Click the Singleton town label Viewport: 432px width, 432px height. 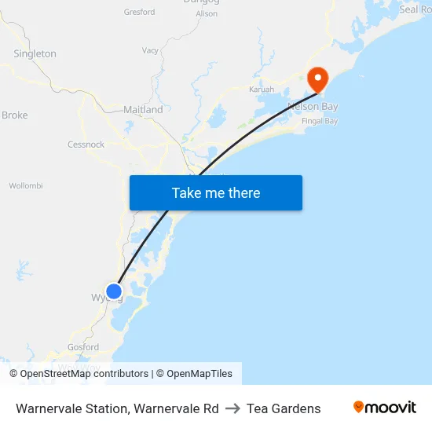tap(35, 53)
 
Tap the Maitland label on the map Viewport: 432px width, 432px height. tap(143, 110)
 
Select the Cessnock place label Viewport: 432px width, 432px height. tap(86, 145)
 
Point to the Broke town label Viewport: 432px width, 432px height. tap(15, 115)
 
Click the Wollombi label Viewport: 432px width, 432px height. tap(26, 186)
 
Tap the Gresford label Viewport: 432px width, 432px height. tap(139, 13)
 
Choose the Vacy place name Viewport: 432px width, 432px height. tap(150, 51)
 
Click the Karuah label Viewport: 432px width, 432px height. tap(262, 90)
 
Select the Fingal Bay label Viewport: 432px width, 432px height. tap(320, 121)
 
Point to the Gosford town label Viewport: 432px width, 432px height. tap(83, 347)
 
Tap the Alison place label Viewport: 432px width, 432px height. tap(207, 14)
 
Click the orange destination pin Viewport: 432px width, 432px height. tap(317, 79)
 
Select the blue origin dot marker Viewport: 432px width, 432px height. tap(114, 292)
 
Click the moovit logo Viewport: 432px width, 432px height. tap(385, 408)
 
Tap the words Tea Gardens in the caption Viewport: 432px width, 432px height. tap(284, 408)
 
